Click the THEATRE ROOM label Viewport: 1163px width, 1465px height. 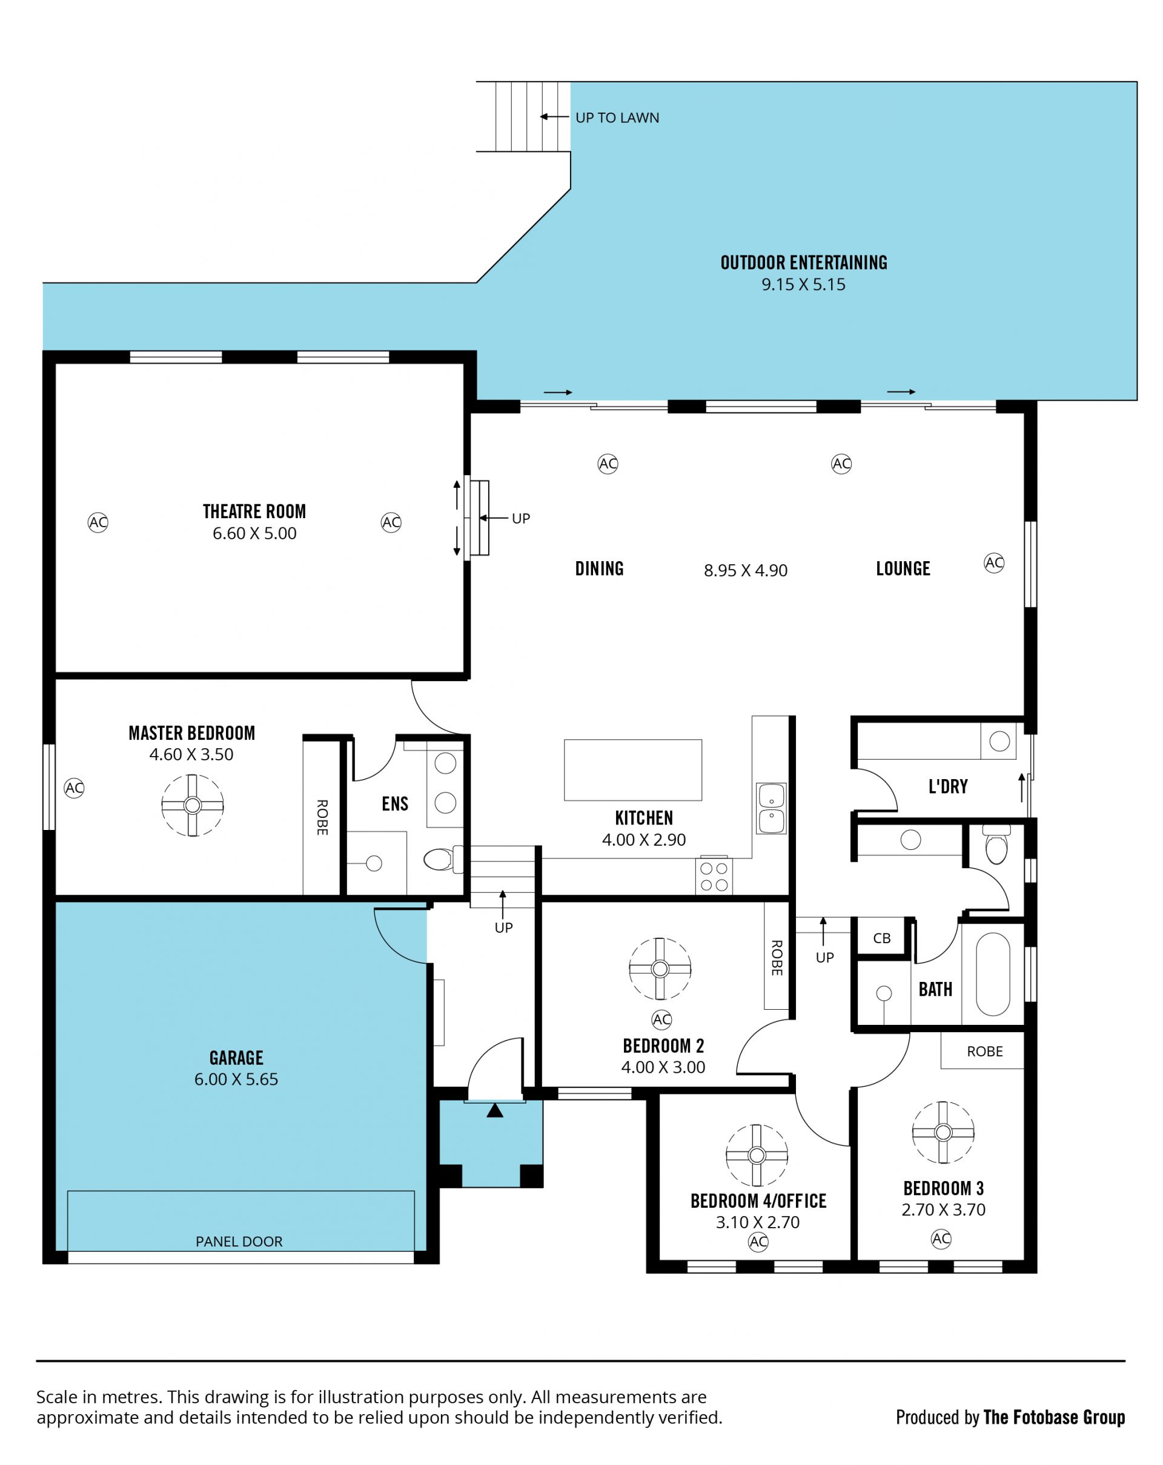(x=254, y=511)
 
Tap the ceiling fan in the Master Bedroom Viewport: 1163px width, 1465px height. (x=193, y=805)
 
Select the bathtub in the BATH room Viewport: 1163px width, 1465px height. (x=992, y=973)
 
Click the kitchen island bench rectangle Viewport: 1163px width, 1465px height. (x=633, y=770)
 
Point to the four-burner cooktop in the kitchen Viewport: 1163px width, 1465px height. (x=714, y=876)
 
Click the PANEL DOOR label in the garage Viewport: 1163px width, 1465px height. (x=239, y=1242)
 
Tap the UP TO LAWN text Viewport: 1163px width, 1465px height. (x=617, y=117)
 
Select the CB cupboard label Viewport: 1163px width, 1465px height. (x=881, y=938)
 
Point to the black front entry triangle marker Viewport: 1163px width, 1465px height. (x=495, y=1110)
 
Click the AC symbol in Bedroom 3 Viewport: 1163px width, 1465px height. (x=941, y=1239)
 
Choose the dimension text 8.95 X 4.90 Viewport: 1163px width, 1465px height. (x=746, y=570)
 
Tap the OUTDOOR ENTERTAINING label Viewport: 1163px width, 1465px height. (x=803, y=262)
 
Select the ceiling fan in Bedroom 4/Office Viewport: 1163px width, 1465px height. (x=757, y=1155)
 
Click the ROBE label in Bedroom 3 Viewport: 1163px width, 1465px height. (x=985, y=1051)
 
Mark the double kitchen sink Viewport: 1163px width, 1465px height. (x=772, y=808)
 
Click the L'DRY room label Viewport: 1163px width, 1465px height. (x=948, y=786)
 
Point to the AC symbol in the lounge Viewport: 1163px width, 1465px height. (x=994, y=562)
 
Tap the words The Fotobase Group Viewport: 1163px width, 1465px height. (x=1054, y=1417)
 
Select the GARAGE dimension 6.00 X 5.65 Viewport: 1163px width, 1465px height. (x=236, y=1079)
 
